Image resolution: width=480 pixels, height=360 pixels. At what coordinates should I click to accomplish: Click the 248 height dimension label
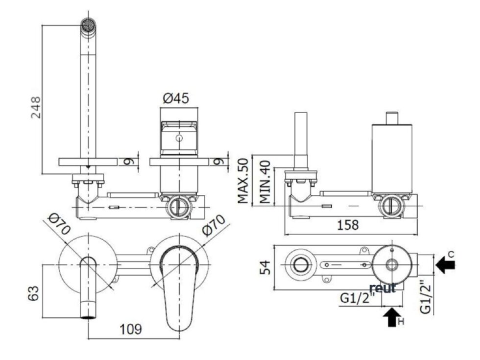tap(36, 107)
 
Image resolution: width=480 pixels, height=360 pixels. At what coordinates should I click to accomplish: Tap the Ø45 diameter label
tap(176, 98)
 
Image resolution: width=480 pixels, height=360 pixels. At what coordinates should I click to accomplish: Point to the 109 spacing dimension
tap(131, 329)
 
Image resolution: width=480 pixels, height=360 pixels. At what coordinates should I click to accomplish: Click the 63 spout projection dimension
tap(34, 293)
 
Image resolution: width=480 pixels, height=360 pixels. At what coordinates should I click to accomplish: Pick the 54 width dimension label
tap(265, 267)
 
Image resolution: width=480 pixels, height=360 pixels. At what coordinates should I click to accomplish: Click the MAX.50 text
tap(243, 181)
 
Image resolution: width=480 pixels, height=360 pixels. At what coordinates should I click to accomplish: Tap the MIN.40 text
tap(265, 182)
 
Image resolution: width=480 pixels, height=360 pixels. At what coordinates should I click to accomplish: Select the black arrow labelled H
tap(392, 317)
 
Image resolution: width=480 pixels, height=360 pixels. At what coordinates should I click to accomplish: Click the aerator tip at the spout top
tap(89, 24)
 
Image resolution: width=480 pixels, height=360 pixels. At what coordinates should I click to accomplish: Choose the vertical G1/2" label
tap(426, 297)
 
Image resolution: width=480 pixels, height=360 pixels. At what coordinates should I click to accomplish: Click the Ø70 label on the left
tap(60, 224)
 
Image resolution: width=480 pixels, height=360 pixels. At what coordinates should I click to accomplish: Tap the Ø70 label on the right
tap(214, 225)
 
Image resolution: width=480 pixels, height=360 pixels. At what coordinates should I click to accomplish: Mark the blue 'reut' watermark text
tap(383, 288)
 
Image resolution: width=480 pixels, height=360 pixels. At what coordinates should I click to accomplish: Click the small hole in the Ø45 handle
tap(179, 138)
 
